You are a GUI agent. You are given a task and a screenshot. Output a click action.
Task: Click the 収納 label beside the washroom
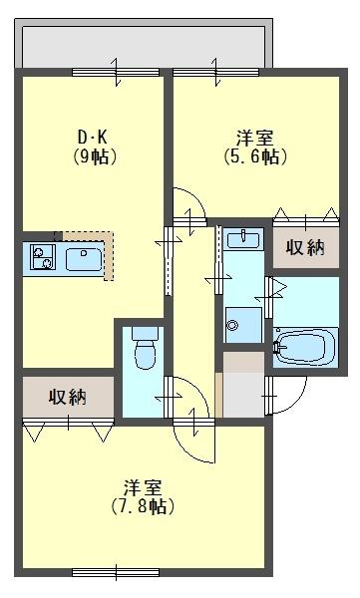pyautogui.click(x=306, y=247)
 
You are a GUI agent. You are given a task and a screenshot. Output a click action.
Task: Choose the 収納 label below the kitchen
pyautogui.click(x=68, y=397)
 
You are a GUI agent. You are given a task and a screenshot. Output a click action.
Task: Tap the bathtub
pyautogui.click(x=306, y=349)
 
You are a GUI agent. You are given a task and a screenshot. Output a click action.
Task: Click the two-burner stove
pyautogui.click(x=42, y=259)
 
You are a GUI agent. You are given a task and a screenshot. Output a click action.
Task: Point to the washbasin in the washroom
pyautogui.click(x=242, y=239)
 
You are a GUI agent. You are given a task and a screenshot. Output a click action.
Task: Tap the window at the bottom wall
pyautogui.click(x=115, y=571)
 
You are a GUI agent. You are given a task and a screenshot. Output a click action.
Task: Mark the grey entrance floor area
pyautogui.click(x=242, y=384)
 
